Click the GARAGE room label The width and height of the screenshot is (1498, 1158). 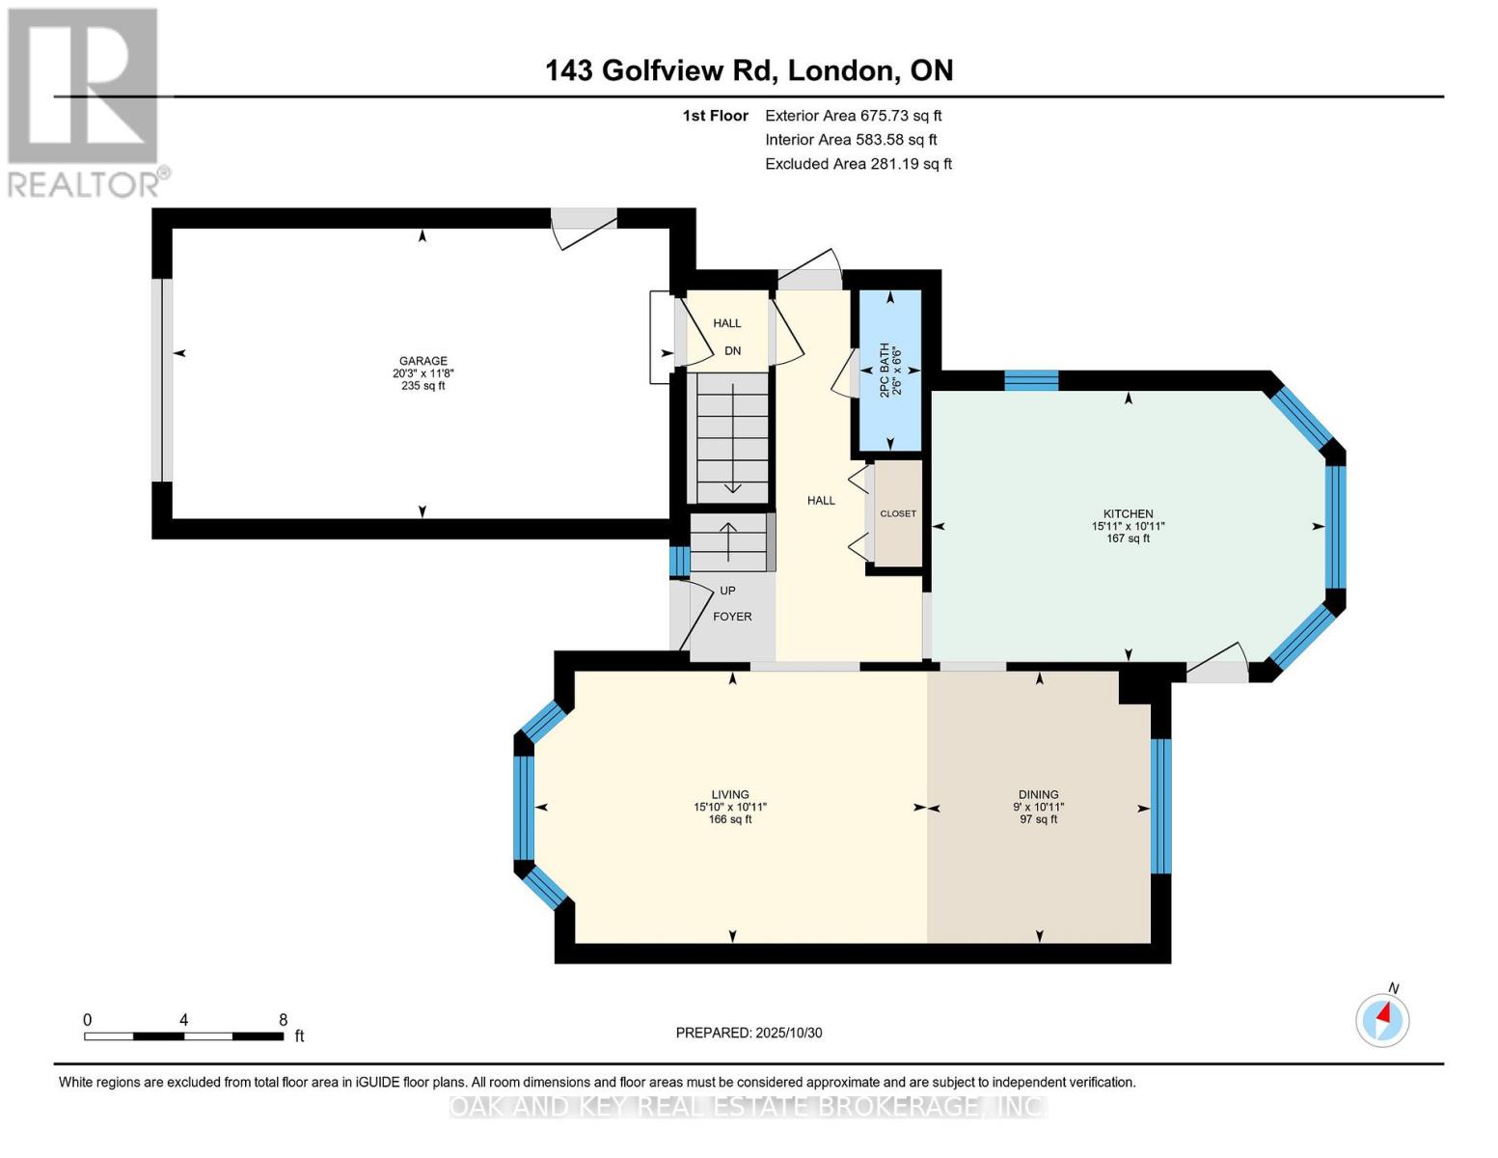click(x=422, y=361)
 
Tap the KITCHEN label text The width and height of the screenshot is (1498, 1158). click(x=1128, y=513)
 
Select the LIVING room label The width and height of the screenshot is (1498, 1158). click(x=730, y=794)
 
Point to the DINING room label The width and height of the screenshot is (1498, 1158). click(x=1038, y=794)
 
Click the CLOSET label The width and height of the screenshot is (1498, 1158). click(x=897, y=513)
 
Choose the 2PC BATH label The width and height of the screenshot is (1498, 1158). click(x=884, y=371)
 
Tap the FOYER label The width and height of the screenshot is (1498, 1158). click(x=732, y=617)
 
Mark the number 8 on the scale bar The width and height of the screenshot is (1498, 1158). click(x=283, y=1020)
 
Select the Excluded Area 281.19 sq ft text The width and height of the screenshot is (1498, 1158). click(x=858, y=164)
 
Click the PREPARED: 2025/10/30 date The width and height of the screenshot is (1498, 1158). click(x=749, y=1033)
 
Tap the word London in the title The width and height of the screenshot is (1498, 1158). click(x=840, y=70)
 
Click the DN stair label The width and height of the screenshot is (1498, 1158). click(x=733, y=350)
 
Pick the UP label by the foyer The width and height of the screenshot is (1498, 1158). click(x=727, y=591)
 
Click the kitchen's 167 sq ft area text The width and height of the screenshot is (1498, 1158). click(x=1128, y=538)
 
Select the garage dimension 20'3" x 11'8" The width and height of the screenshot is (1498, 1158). click(x=422, y=373)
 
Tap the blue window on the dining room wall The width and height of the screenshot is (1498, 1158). click(x=1161, y=805)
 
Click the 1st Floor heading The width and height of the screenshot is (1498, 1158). click(x=715, y=116)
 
